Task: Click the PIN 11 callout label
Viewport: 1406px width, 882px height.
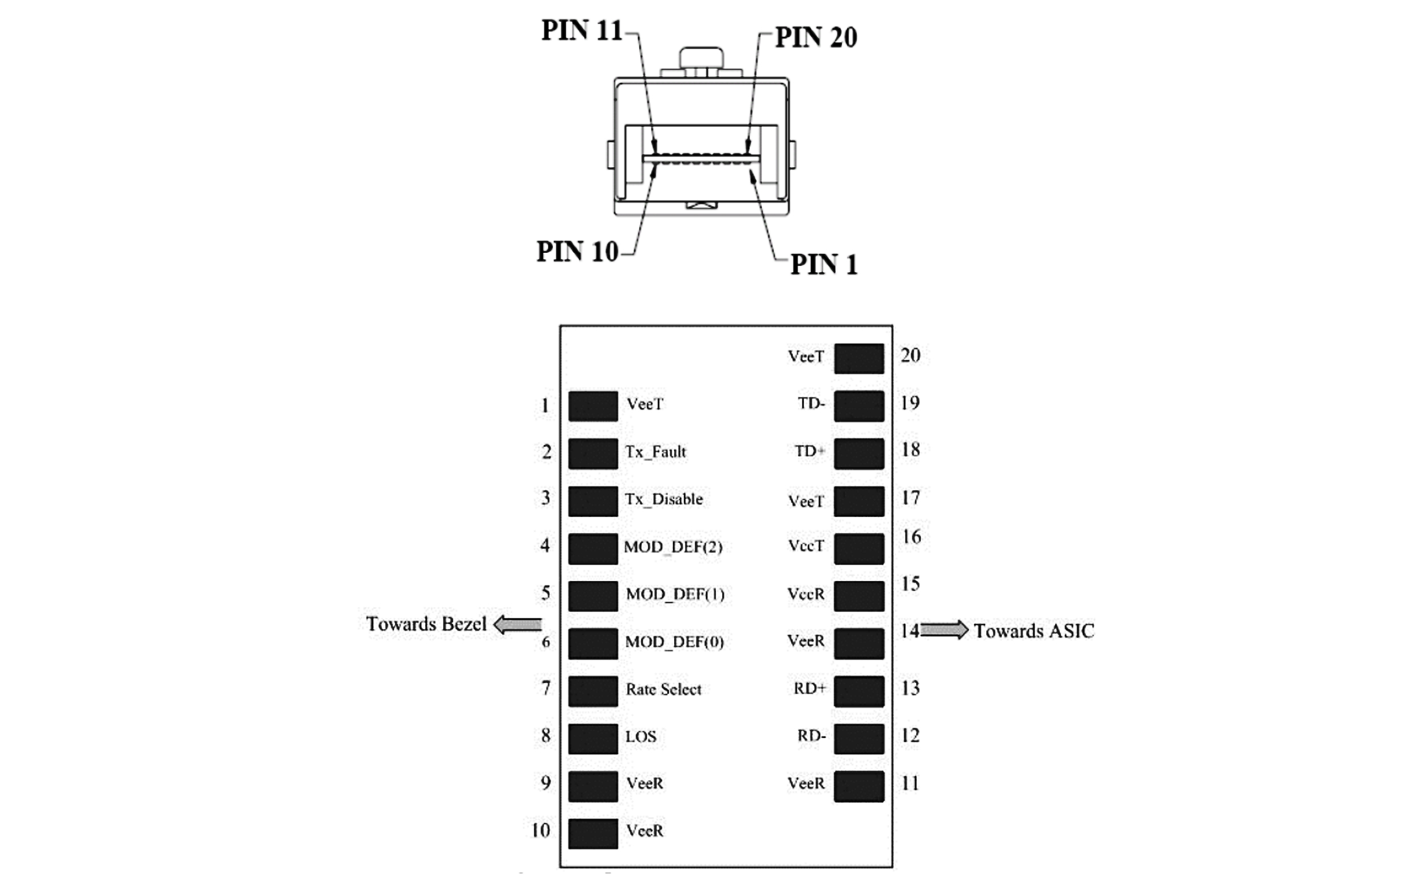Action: tap(582, 31)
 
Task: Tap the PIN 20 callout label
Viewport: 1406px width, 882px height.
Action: tap(816, 38)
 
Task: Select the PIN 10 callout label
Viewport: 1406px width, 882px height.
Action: tap(577, 252)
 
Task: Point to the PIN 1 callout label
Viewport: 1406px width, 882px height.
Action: tap(824, 265)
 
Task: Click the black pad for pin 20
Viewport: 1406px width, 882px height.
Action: tap(858, 358)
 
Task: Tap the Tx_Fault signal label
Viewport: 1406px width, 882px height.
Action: tap(655, 452)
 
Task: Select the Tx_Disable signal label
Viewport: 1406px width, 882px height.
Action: tap(663, 499)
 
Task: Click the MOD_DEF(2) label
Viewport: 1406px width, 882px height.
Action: tap(672, 547)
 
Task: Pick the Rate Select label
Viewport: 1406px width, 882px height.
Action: tap(663, 689)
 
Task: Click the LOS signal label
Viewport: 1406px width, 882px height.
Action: tap(641, 737)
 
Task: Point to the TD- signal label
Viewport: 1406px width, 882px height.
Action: tap(811, 404)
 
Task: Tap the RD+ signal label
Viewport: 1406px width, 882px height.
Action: tap(810, 689)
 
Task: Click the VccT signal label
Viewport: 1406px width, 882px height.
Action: tap(806, 546)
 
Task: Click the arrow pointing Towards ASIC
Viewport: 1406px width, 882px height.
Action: tap(944, 630)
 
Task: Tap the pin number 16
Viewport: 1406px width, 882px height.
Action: tap(911, 537)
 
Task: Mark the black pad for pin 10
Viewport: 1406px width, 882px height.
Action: tap(593, 834)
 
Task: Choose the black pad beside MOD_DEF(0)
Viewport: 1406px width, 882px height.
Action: tap(593, 643)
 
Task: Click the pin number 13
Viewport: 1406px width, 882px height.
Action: tap(910, 688)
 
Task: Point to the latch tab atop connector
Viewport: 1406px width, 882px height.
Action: tap(701, 58)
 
